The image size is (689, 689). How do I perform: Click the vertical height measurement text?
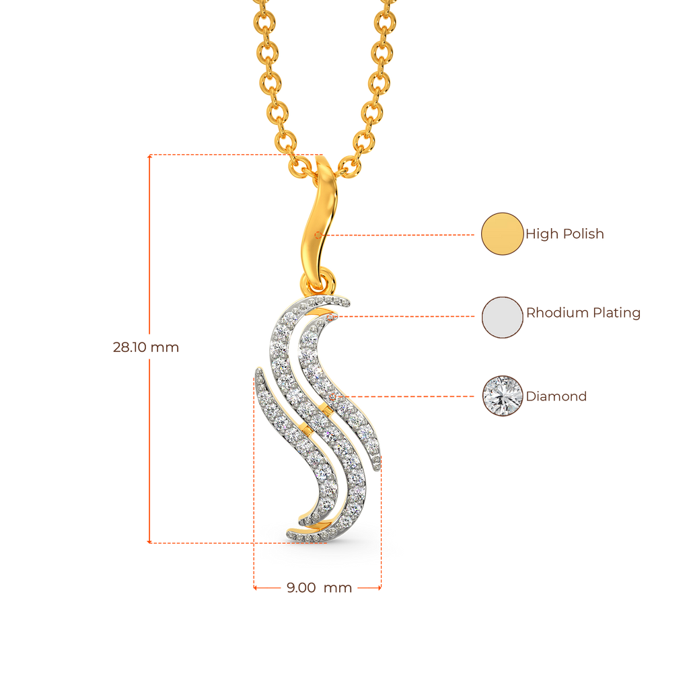click(145, 348)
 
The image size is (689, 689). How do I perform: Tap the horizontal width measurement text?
click(319, 588)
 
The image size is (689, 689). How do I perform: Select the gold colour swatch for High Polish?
click(502, 233)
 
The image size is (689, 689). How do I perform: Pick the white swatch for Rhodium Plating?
click(502, 316)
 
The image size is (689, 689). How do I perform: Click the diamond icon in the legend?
click(502, 396)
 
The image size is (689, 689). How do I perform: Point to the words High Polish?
click(565, 234)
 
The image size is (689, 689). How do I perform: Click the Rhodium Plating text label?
click(583, 313)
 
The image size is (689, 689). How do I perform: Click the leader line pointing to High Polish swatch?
click(404, 235)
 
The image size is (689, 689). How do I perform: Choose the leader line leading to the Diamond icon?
click(410, 396)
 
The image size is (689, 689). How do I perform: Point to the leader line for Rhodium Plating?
click(410, 314)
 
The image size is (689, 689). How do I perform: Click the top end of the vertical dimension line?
click(149, 157)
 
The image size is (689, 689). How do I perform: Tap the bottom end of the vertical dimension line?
click(149, 541)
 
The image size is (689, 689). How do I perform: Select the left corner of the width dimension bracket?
click(254, 588)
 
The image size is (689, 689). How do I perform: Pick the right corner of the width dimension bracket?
click(382, 588)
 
